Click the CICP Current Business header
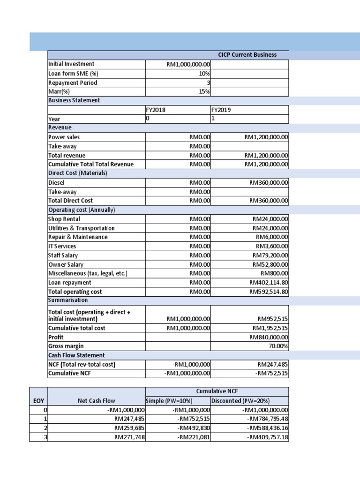(x=247, y=55)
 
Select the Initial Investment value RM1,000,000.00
(x=188, y=64)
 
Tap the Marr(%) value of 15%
(x=204, y=92)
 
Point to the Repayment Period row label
(x=73, y=83)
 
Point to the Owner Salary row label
(x=66, y=265)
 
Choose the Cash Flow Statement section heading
(x=76, y=355)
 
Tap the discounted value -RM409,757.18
(x=268, y=437)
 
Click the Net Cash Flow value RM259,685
(x=128, y=428)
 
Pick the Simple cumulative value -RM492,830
(x=194, y=428)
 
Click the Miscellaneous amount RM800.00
(x=274, y=273)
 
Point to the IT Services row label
(x=62, y=246)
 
